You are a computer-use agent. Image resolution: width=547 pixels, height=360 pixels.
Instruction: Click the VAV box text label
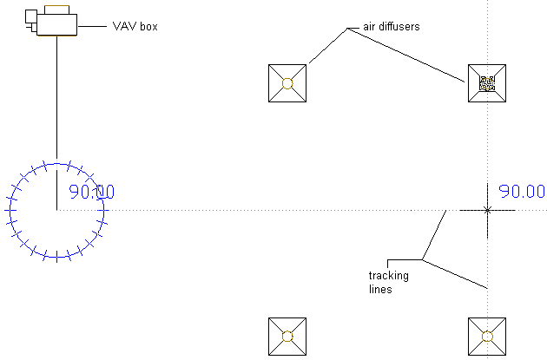pyautogui.click(x=135, y=27)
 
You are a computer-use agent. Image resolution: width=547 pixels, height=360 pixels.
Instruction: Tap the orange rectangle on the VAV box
pyautogui.click(x=57, y=8)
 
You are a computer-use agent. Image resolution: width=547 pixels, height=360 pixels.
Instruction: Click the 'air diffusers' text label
pyautogui.click(x=391, y=27)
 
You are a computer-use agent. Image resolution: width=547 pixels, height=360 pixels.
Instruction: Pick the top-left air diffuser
pyautogui.click(x=287, y=83)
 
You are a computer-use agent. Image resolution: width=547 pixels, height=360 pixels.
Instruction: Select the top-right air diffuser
pyautogui.click(x=487, y=83)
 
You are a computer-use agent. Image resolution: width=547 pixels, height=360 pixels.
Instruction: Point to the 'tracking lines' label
pyautogui.click(x=389, y=283)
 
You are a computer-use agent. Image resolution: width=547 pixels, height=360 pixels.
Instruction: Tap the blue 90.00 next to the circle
pyautogui.click(x=91, y=193)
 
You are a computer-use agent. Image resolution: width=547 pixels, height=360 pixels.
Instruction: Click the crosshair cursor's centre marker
pyautogui.click(x=487, y=210)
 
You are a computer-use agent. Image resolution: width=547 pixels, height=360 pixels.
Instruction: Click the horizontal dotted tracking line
pyautogui.click(x=260, y=210)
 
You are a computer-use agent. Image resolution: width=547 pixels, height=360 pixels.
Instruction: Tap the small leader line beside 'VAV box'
pyautogui.click(x=92, y=25)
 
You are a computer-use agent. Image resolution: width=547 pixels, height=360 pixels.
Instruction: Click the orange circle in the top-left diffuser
pyautogui.click(x=287, y=83)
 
